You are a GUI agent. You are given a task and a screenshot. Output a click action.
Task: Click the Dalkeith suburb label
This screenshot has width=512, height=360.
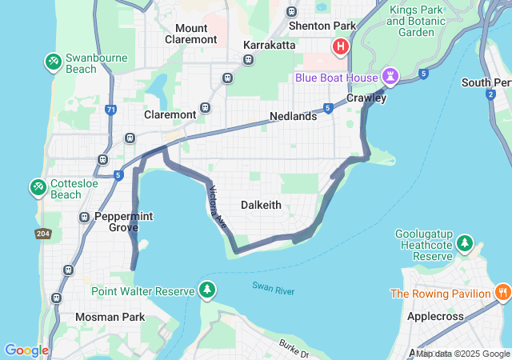click(261, 205)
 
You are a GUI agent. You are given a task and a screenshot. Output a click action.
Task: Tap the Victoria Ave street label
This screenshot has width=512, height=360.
click(218, 208)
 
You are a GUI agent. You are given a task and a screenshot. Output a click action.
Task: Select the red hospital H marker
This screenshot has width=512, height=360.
click(342, 47)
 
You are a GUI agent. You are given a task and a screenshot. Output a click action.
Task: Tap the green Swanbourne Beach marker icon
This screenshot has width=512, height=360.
click(54, 61)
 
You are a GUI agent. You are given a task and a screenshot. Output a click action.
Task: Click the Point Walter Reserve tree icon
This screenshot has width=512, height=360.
click(207, 289)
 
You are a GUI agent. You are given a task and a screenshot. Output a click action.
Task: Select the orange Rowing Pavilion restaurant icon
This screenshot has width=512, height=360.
click(502, 292)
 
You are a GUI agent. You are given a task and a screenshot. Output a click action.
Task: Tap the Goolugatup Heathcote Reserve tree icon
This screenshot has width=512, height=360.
click(465, 242)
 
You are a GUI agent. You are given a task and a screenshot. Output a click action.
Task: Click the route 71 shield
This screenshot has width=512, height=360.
click(110, 108)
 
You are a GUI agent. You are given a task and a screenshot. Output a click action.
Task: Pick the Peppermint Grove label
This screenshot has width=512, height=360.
click(123, 222)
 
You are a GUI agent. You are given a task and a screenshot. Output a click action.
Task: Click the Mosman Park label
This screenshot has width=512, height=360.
click(110, 317)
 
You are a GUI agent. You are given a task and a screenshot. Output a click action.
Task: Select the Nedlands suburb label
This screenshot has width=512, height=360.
click(293, 116)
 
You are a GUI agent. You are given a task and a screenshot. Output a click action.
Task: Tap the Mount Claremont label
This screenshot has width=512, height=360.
click(190, 34)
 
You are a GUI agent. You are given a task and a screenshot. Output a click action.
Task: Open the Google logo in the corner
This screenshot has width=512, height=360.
click(26, 350)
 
